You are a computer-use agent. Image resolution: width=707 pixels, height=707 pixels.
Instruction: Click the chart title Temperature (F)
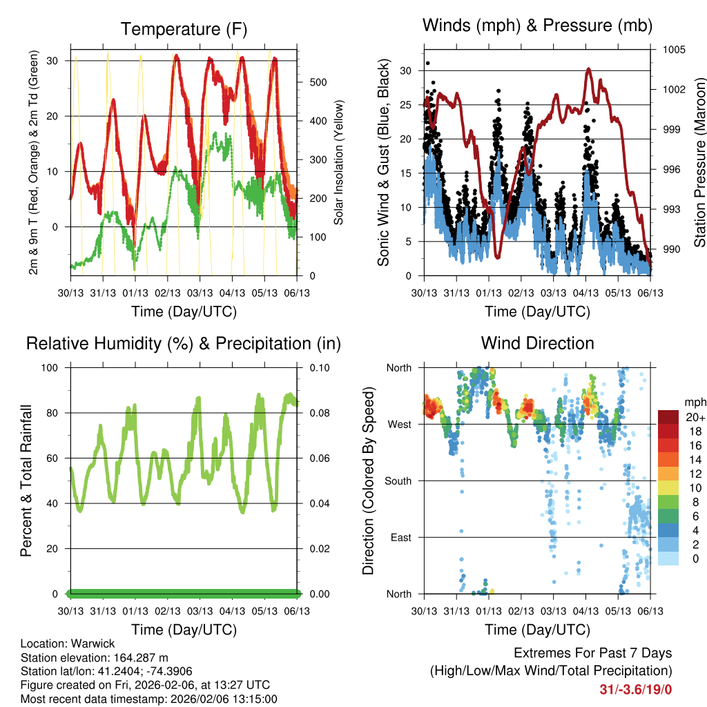[184, 29]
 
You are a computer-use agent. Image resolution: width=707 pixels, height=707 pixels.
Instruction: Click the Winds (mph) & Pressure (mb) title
[537, 26]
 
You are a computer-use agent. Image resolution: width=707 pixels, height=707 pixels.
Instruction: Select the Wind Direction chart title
[537, 343]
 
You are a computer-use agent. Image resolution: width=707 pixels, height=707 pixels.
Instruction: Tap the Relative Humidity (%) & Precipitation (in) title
[184, 343]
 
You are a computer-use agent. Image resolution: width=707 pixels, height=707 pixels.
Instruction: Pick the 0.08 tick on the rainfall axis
[308, 413]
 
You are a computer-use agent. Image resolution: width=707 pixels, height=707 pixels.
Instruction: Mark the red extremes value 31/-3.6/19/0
[636, 689]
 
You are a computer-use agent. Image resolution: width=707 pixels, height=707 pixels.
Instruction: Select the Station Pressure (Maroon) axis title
[699, 153]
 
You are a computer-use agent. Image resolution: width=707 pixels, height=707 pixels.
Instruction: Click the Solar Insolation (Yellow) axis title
[338, 163]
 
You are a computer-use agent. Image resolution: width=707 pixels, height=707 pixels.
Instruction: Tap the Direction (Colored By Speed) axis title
[368, 481]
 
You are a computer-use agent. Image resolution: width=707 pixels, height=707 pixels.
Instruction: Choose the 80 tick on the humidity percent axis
[56, 413]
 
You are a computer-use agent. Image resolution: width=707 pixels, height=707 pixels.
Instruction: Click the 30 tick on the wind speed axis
[405, 70]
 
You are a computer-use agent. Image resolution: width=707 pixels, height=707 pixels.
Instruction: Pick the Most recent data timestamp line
[149, 699]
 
